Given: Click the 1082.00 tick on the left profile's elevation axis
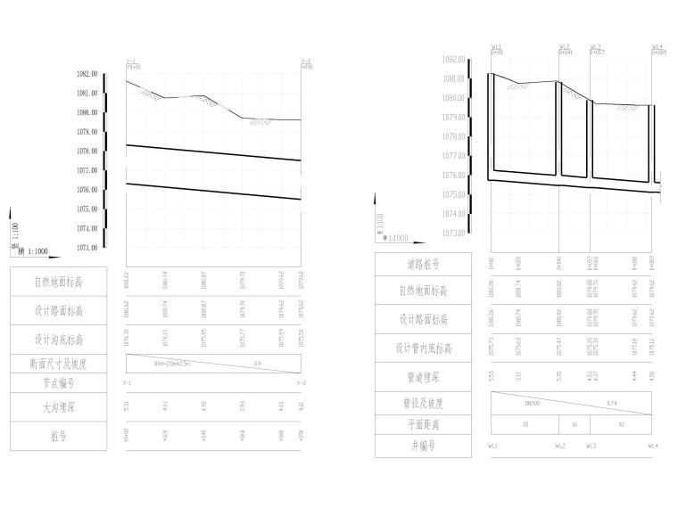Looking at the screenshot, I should [87, 74].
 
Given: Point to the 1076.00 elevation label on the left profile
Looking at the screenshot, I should [87, 190].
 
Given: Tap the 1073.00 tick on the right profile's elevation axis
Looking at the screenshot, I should [455, 234].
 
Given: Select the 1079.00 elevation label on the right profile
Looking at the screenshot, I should [455, 118].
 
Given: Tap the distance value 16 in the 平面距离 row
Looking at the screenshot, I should [575, 424].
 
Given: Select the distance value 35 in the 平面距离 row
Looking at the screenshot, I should [525, 424].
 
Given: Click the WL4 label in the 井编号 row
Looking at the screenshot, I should [654, 445].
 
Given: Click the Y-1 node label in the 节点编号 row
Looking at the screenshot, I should [127, 383].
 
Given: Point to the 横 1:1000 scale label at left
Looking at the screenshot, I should [33, 252].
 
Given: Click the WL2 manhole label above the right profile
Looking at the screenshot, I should [564, 46].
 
